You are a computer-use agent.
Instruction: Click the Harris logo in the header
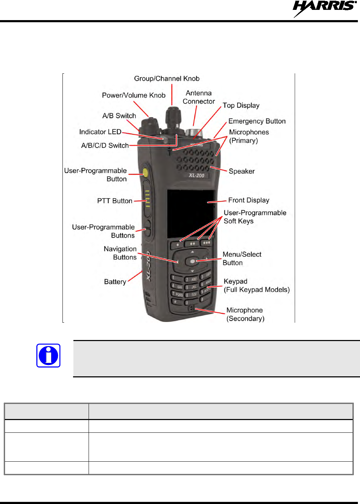(x=324, y=8)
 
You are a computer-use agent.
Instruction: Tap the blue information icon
(x=48, y=356)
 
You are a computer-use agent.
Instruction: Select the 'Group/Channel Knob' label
(x=167, y=79)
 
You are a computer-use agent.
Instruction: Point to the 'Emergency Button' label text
(x=257, y=121)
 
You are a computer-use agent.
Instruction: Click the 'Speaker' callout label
(x=241, y=171)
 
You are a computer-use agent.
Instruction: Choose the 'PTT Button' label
(x=115, y=201)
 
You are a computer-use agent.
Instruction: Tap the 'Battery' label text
(x=115, y=282)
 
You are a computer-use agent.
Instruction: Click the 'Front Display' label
(x=248, y=200)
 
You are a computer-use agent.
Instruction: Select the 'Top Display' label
(x=241, y=105)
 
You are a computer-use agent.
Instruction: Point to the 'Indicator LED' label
(x=100, y=132)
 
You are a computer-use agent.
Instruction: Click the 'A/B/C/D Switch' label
(x=105, y=146)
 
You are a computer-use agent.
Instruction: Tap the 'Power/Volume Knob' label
(x=133, y=95)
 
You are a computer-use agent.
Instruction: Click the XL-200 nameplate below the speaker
(x=196, y=175)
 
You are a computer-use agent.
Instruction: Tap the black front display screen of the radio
(x=190, y=213)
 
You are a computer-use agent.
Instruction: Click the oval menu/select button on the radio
(x=192, y=261)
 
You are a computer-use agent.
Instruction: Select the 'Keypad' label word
(x=235, y=281)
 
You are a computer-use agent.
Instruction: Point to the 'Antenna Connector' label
(x=199, y=97)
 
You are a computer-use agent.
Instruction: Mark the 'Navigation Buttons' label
(x=120, y=253)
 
